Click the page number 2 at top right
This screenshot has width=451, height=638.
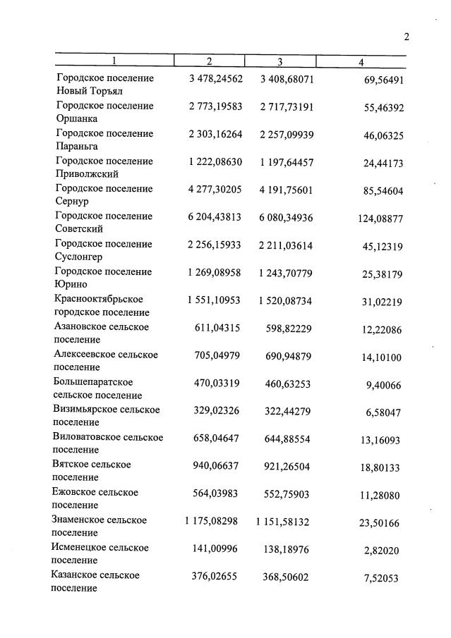click(x=407, y=37)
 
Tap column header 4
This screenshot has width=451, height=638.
click(x=361, y=63)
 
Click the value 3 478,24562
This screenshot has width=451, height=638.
click(x=215, y=78)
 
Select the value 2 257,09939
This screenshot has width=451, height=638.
click(x=287, y=134)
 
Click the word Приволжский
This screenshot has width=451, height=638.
click(x=87, y=173)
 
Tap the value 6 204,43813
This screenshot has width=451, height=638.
click(x=215, y=216)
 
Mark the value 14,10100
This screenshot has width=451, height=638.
click(x=382, y=357)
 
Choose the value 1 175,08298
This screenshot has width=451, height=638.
click(x=212, y=520)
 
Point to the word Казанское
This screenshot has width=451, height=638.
click(x=76, y=575)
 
